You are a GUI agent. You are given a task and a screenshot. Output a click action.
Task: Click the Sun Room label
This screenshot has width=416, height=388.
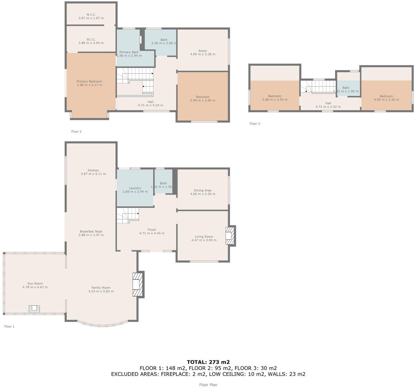pos(35,284)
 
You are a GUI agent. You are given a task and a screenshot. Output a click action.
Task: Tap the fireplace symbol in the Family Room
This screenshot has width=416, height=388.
pos(138,285)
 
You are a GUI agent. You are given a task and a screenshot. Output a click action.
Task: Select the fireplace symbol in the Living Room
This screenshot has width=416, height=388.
pos(230,235)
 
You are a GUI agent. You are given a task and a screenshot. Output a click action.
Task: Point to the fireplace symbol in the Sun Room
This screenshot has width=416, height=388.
pos(34,309)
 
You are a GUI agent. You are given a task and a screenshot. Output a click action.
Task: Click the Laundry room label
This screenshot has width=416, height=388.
pos(135,188)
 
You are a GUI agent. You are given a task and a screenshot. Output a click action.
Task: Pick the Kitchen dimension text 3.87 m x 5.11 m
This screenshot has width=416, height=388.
pos(93,174)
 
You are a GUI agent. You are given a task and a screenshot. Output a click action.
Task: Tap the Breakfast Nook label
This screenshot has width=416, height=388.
pos(91,231)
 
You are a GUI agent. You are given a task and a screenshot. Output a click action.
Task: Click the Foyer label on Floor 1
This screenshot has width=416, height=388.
pos(152,230)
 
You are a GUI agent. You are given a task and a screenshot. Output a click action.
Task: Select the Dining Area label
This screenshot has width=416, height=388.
pos(203,190)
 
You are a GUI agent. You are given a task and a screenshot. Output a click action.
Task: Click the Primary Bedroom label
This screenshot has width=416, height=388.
pos(89,81)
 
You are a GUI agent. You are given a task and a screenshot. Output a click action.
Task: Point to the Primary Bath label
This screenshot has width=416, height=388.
pos(129,52)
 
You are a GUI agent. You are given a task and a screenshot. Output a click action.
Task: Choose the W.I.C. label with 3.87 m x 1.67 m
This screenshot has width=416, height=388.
pos(91,14)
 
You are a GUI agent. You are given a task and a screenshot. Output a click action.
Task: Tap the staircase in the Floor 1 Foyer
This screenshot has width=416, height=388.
pos(128,215)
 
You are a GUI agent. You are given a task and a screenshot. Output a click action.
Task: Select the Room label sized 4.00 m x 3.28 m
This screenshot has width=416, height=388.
pos(203,51)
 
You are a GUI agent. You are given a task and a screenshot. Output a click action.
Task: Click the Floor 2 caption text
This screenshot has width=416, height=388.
pos(76,132)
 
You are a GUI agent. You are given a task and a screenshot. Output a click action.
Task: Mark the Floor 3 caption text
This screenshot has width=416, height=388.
pos(255,124)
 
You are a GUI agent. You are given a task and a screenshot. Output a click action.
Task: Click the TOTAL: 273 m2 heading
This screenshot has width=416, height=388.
pos(208,362)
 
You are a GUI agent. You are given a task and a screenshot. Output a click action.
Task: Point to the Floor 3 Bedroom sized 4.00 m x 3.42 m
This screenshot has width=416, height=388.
pos(386,96)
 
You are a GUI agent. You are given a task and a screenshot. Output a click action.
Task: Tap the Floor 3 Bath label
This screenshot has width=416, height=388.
pos(346,88)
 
